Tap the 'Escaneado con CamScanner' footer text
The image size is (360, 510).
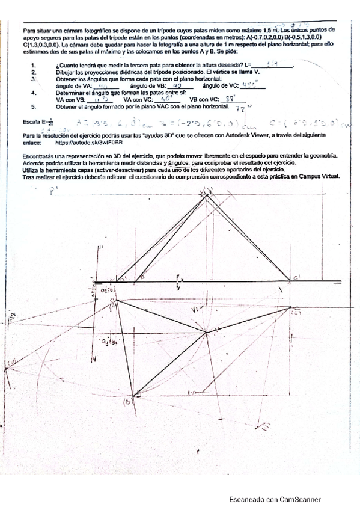coord(275,499)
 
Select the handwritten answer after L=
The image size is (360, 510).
coord(274,63)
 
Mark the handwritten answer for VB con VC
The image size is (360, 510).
coord(229,99)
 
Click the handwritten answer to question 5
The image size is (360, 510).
coord(224,109)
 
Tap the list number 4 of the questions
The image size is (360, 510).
coord(34,93)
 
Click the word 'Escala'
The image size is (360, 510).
coord(30,122)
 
